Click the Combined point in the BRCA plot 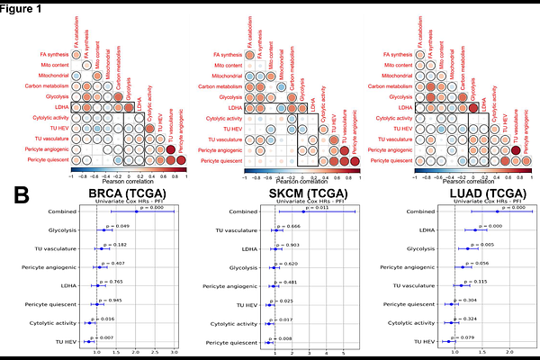136,212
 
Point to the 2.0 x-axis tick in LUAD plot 510,350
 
